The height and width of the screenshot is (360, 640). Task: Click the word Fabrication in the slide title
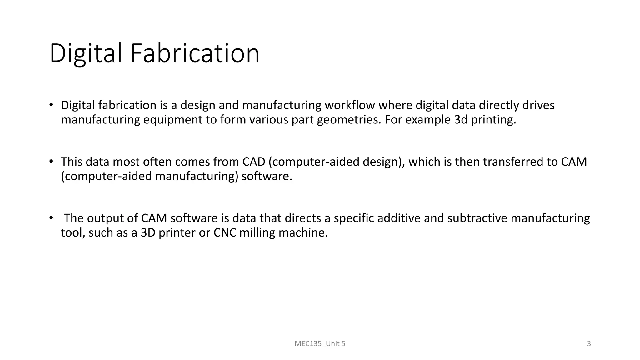195,53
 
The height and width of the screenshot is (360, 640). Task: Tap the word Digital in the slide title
86,53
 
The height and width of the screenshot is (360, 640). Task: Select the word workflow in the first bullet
350,105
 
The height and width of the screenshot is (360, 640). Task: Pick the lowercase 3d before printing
461,120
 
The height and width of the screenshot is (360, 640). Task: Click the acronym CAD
254,162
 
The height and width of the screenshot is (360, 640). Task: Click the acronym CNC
225,233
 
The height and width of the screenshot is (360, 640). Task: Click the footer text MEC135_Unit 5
320,344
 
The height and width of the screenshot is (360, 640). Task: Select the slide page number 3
589,344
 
